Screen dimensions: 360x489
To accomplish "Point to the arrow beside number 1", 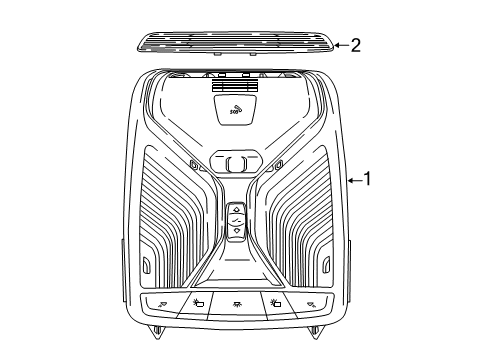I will coord(354,180).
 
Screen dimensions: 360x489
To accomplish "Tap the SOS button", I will coord(237,109).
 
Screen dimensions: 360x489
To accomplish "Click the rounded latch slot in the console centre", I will coord(237,163).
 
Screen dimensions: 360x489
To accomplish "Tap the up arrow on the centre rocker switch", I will coord(236,210).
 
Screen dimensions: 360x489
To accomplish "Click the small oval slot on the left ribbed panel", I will coord(146,266).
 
